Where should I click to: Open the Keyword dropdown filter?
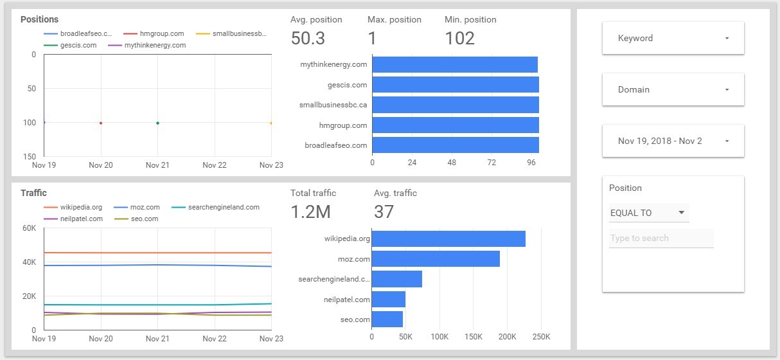click(x=673, y=38)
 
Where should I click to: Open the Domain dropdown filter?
click(x=673, y=89)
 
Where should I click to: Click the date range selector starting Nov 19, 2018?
click(x=673, y=141)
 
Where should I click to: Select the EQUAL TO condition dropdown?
click(x=648, y=213)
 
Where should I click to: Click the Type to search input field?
click(x=660, y=239)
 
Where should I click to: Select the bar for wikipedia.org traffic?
click(x=448, y=239)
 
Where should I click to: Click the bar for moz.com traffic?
click(x=436, y=259)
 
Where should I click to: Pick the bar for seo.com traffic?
click(x=387, y=319)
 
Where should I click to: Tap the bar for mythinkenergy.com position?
click(x=454, y=64)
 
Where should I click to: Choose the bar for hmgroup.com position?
click(x=455, y=125)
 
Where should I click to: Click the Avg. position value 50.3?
click(x=308, y=38)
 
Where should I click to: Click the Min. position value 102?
click(x=459, y=38)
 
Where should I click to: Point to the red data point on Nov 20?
click(x=101, y=123)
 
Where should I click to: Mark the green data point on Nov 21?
click(x=157, y=123)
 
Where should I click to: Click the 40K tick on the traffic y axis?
click(x=29, y=262)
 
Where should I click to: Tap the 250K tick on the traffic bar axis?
click(x=541, y=337)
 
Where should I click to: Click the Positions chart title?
click(x=39, y=19)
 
